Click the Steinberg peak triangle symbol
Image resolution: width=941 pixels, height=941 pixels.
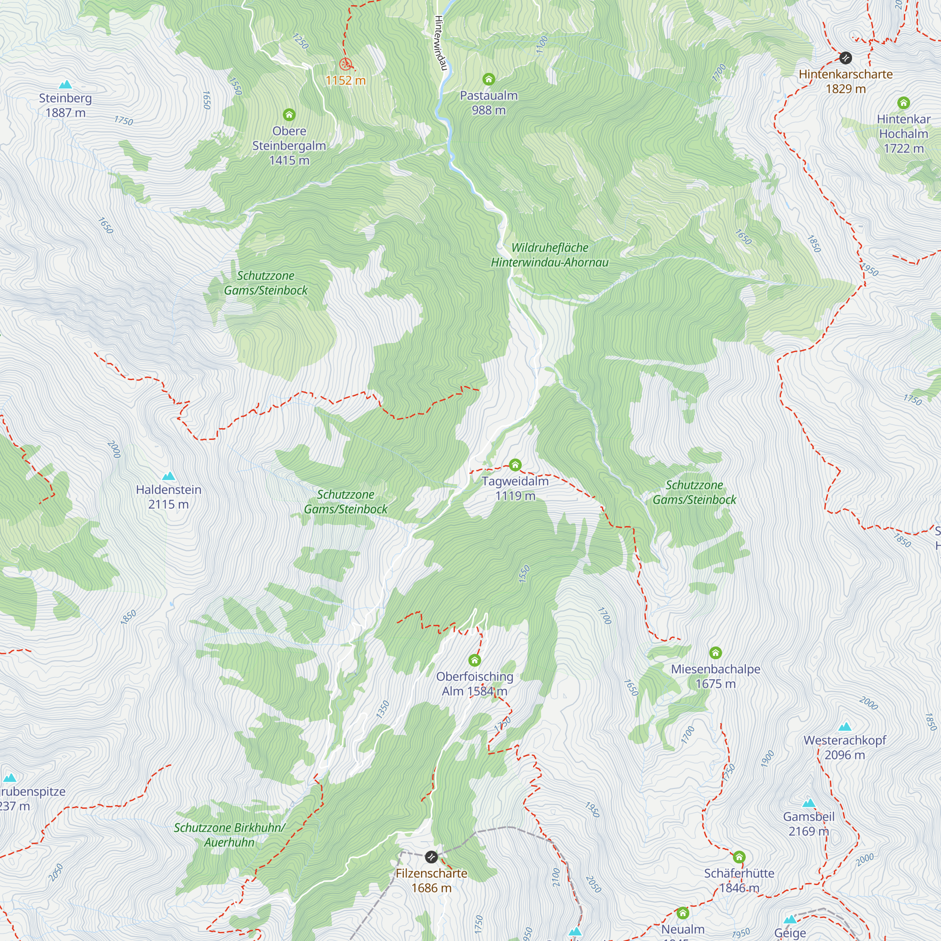tap(65, 85)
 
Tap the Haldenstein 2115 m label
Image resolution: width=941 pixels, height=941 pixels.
tap(168, 497)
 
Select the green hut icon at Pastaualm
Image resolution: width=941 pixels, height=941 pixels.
tap(488, 79)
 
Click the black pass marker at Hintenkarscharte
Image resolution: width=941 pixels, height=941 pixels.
tap(845, 58)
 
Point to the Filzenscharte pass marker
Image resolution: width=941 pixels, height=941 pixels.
tap(431, 857)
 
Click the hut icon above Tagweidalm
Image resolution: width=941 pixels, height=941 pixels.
tap(515, 465)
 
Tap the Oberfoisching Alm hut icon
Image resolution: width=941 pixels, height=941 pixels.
tap(474, 661)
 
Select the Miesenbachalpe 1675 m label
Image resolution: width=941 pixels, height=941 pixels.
tap(715, 676)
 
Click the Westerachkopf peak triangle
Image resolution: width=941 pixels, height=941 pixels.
tap(845, 727)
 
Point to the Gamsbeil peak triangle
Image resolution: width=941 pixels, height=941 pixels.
tap(809, 803)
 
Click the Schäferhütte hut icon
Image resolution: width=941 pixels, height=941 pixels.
tap(739, 857)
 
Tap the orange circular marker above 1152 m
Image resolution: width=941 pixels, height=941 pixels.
tap(345, 64)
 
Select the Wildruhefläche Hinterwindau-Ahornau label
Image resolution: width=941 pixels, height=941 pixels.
tap(550, 255)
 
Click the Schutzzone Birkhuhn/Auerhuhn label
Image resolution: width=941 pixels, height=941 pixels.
tap(229, 835)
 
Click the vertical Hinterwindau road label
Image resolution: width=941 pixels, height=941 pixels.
tap(440, 43)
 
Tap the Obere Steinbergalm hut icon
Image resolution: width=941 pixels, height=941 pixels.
tap(289, 115)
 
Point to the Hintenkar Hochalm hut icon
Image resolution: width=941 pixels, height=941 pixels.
tap(903, 103)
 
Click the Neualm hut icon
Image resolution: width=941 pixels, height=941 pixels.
tap(682, 912)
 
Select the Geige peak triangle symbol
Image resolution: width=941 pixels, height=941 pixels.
tap(790, 919)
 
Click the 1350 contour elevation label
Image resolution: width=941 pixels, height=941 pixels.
tap(383, 709)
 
